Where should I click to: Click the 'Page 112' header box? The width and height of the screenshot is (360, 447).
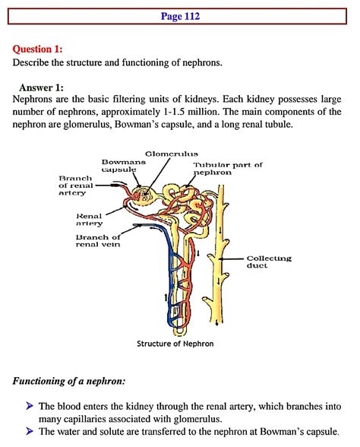coord(180,15)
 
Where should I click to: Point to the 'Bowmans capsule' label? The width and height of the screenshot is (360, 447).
coord(118,166)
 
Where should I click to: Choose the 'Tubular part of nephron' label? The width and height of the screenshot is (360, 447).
coord(228,169)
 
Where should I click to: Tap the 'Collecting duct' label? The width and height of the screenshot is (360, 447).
coord(269,262)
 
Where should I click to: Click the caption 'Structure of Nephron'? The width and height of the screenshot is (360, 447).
coord(175,344)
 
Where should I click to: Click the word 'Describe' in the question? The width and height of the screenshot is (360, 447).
coord(33,62)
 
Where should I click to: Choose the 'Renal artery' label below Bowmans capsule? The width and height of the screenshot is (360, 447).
coord(89,220)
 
